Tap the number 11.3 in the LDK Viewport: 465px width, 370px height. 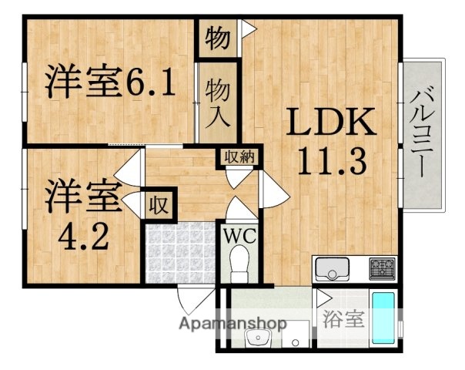[x=332, y=162]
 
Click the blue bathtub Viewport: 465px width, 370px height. [x=383, y=318]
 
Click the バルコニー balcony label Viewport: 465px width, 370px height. [x=423, y=132]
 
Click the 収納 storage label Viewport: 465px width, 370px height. [x=238, y=156]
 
